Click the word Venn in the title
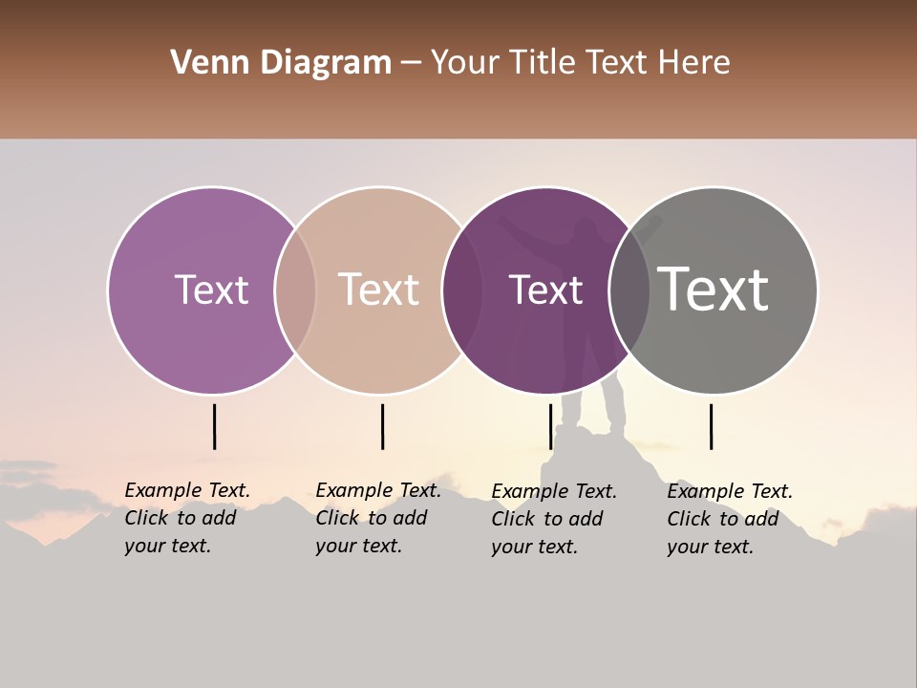point(201,63)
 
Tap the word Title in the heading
point(541,63)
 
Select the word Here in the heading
point(696,63)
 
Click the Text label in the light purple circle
point(211,290)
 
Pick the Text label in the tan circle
point(379,290)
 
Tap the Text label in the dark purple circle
point(545,290)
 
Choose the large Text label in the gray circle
point(714,290)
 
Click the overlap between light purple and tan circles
point(295,290)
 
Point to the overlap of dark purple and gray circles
point(629,290)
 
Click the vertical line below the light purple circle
point(215,426)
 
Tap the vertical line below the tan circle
point(382,426)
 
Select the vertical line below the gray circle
point(712,426)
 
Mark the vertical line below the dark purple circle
point(551,426)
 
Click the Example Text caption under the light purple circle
point(187,518)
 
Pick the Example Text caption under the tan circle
point(378,518)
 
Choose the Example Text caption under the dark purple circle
point(554,519)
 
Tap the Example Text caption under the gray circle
point(730,519)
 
